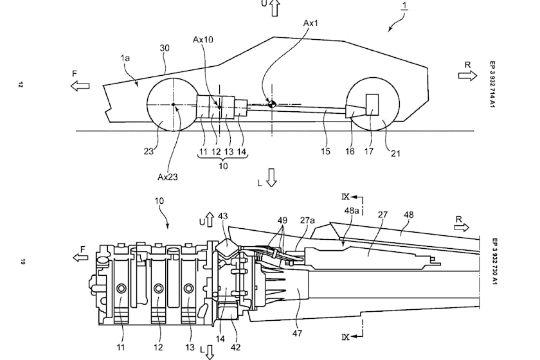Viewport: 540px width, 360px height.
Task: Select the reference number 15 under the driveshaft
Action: coord(327,151)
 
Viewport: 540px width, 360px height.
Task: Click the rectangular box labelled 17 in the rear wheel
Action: coord(372,104)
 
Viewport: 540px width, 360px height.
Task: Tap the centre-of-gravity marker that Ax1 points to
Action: coord(272,104)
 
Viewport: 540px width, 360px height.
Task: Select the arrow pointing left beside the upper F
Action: coord(80,85)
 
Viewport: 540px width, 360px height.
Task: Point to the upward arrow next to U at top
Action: coord(274,8)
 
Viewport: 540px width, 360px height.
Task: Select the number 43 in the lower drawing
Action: coord(223,217)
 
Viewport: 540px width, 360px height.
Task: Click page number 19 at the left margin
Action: coord(21,262)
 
